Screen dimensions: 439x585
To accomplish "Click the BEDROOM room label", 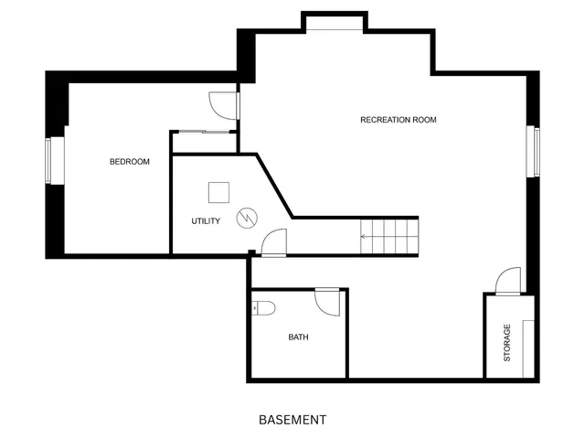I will point(129,162).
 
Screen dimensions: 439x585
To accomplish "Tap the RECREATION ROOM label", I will point(398,120).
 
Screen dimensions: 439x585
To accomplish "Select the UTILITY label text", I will point(205,221).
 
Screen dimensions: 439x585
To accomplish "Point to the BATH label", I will point(298,337).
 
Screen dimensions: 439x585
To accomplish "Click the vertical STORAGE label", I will point(507,342).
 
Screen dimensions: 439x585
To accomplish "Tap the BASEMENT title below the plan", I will point(292,421).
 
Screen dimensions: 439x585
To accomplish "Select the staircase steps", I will point(390,236).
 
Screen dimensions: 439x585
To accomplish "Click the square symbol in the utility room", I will point(219,192).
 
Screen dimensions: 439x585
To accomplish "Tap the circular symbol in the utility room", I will point(247,218).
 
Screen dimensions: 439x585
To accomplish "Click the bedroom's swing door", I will point(223,105).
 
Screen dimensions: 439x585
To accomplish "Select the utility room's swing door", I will point(273,242).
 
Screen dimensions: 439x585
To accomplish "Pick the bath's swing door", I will point(327,302).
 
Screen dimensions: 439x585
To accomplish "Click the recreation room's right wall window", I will point(536,151).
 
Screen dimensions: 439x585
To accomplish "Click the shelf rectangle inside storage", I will point(527,348).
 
